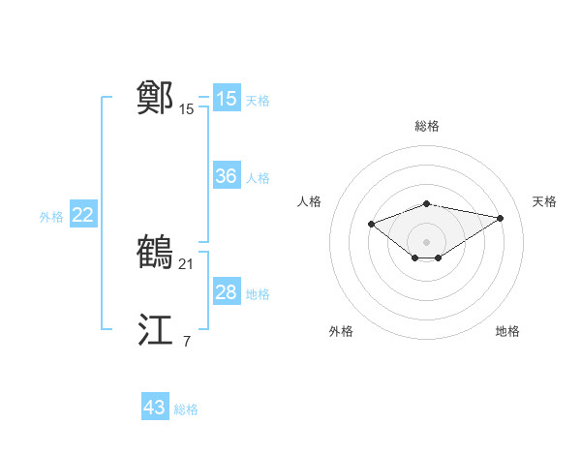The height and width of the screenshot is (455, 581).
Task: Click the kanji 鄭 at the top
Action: coord(156,98)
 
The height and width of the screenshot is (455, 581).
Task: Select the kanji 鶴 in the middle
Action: coord(156,252)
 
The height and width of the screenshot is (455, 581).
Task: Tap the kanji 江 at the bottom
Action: coord(156,330)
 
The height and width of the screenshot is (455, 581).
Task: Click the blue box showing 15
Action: coord(226,99)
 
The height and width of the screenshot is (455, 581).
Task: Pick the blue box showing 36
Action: coord(226,176)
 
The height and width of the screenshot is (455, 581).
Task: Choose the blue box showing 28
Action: coord(226,292)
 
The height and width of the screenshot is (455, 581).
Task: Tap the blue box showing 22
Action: coord(82,215)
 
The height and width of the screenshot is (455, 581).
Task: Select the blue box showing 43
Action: coord(154,408)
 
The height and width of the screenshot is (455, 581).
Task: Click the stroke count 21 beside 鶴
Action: coord(188,263)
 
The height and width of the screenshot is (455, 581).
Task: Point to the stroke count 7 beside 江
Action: coord(187,341)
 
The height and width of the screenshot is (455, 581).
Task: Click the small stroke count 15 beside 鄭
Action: coord(187,109)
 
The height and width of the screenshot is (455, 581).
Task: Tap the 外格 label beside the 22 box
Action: coord(51,217)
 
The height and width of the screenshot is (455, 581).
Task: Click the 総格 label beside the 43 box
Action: coord(186,409)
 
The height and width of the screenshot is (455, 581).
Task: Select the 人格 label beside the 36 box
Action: coord(258,178)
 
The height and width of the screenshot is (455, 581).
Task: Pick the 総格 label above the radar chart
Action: coord(426,126)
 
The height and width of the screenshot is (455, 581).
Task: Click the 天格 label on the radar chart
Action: coord(544,201)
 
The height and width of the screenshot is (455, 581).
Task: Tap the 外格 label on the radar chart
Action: coord(341,331)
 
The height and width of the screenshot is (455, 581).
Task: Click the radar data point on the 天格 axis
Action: coord(500,218)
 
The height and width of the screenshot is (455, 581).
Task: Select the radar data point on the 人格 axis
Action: coord(371,225)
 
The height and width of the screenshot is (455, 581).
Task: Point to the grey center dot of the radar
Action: coord(426,241)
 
